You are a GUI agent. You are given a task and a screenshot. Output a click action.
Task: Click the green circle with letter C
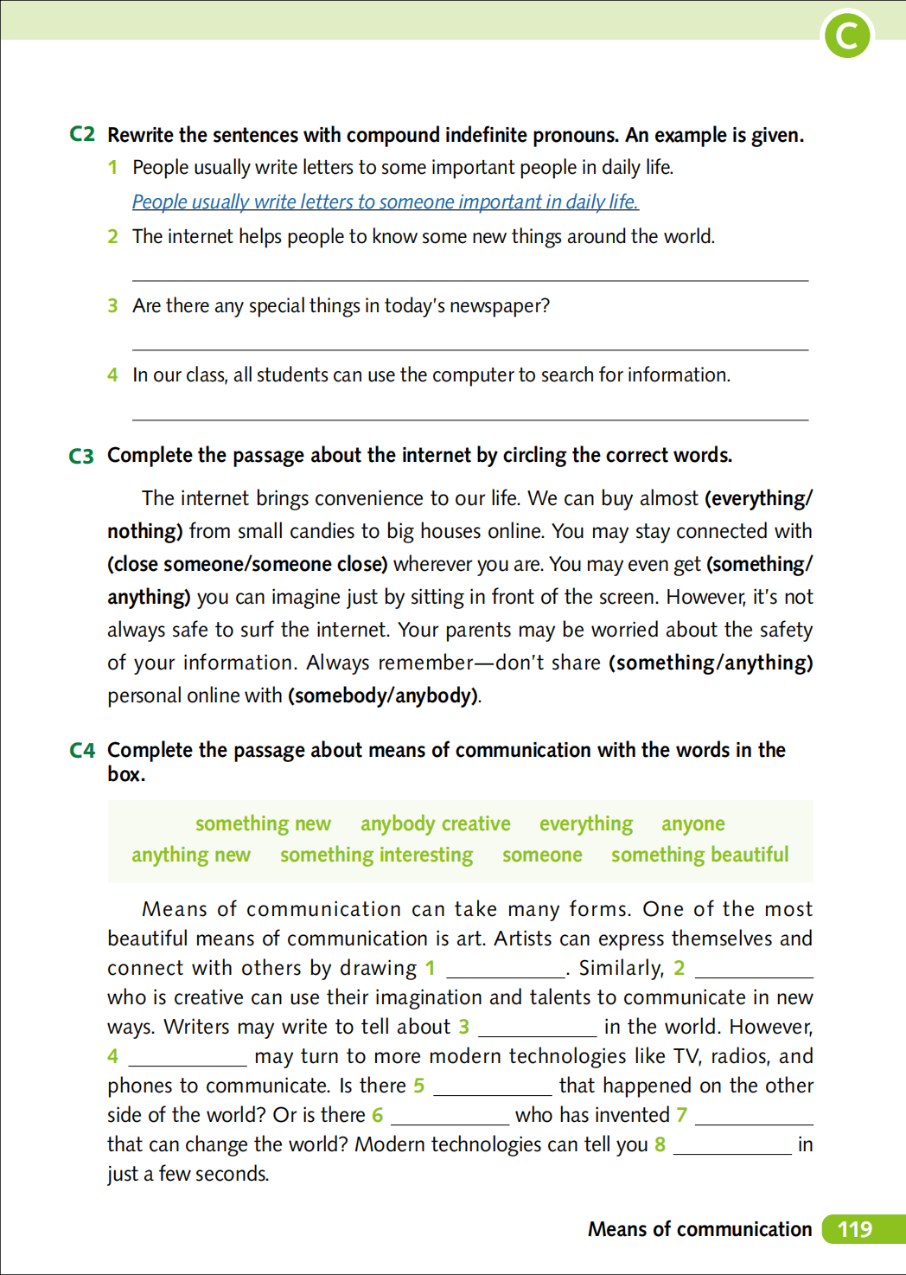tap(847, 36)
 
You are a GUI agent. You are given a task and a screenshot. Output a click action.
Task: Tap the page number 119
tap(855, 1229)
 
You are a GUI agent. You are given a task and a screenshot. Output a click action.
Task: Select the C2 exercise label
tap(82, 134)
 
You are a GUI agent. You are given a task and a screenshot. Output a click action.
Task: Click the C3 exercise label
tap(81, 456)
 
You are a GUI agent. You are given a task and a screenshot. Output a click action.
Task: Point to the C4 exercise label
tap(82, 750)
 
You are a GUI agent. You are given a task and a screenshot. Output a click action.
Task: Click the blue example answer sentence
tap(385, 202)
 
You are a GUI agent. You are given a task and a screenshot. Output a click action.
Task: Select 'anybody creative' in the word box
tap(435, 823)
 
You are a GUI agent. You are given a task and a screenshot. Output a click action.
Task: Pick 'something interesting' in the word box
tap(376, 855)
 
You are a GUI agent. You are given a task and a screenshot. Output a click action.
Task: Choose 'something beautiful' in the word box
tap(699, 855)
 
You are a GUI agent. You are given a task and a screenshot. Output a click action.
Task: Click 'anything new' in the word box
tap(191, 855)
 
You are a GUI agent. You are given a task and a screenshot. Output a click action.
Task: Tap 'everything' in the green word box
tap(586, 823)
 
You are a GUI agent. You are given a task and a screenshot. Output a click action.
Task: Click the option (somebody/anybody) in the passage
tap(384, 695)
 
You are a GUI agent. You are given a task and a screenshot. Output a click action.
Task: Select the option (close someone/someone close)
tap(247, 564)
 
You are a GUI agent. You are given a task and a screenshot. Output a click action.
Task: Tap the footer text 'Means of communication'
tap(699, 1229)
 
